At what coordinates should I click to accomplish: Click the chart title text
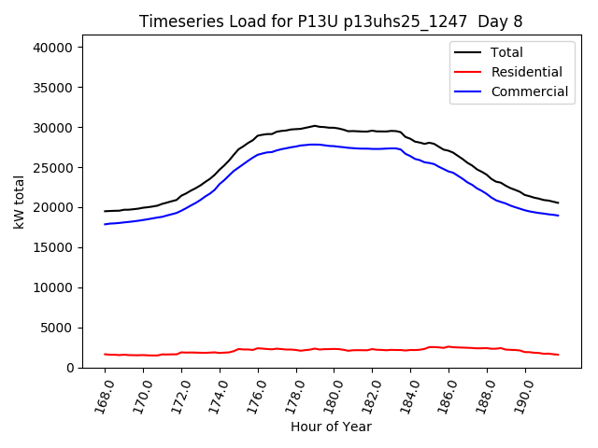tap(328, 21)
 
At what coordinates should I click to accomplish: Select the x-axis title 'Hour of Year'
tap(331, 427)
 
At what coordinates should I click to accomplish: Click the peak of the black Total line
tap(315, 125)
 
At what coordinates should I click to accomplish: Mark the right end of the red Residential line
tap(558, 355)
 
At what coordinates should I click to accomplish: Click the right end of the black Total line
tap(558, 203)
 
